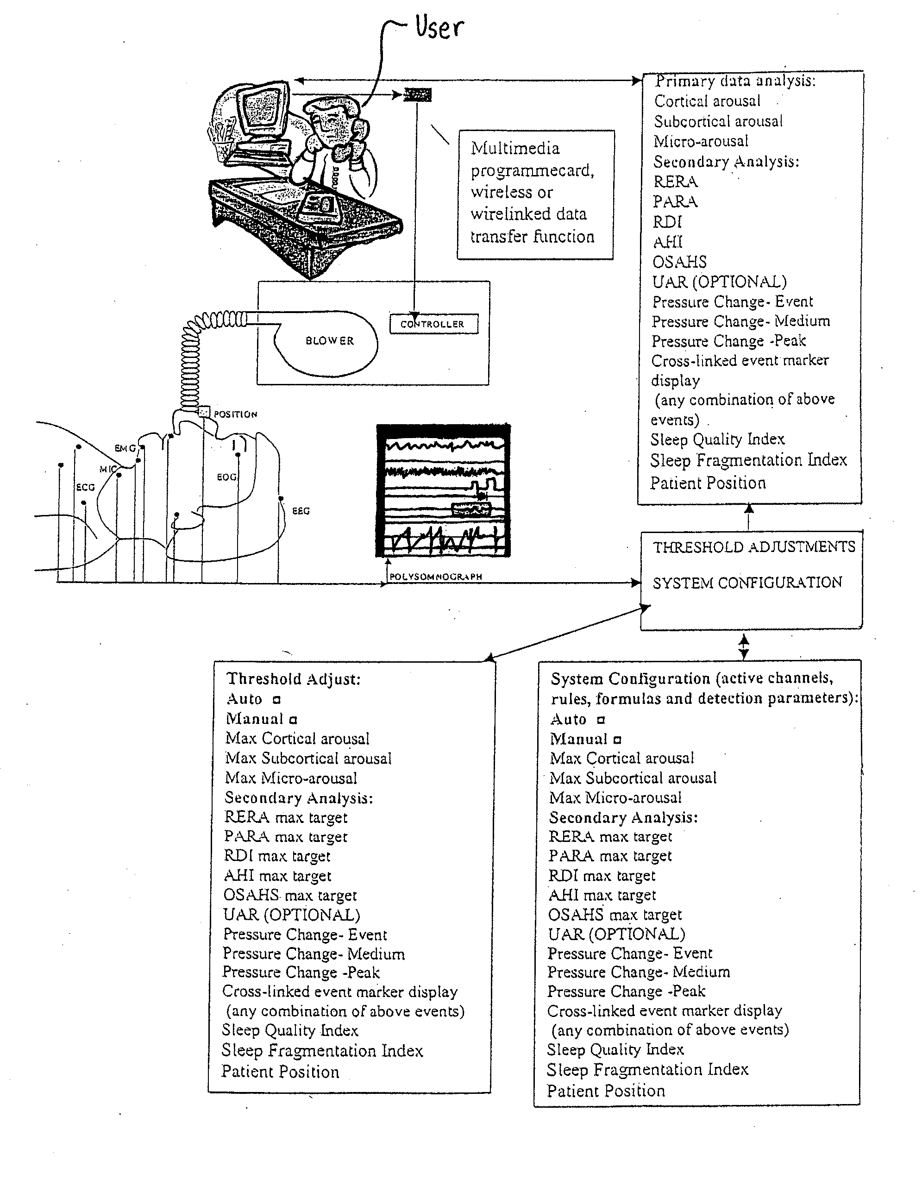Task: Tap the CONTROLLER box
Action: click(433, 324)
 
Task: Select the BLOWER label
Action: click(330, 341)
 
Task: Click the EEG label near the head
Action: click(301, 511)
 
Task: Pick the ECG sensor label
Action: click(85, 487)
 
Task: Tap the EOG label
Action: click(226, 477)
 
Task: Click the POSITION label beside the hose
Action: click(235, 414)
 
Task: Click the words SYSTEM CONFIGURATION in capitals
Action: click(747, 583)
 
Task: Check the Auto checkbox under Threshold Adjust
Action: click(276, 700)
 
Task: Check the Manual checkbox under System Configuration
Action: click(617, 740)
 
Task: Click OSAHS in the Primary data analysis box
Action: click(679, 262)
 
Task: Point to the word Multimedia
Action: click(515, 148)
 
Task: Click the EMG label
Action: click(125, 449)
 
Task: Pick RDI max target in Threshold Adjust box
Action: click(277, 856)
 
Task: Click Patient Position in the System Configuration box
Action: click(605, 1091)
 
